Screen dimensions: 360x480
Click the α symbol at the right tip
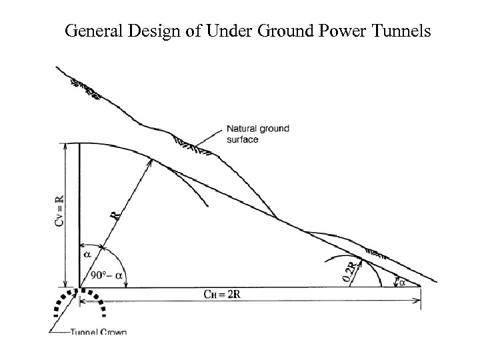pos(403,283)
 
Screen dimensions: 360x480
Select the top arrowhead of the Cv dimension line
pos(65,146)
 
